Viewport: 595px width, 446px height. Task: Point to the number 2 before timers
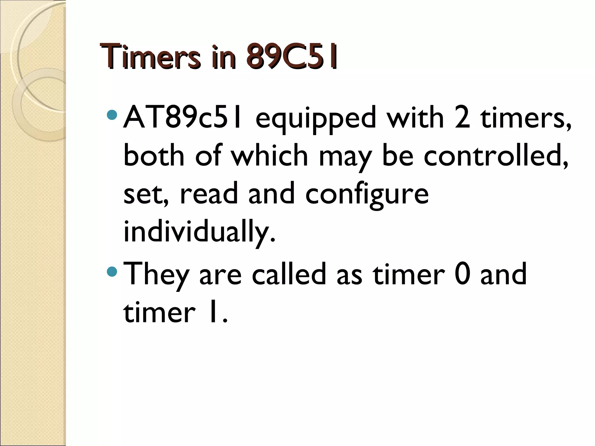[x=462, y=118]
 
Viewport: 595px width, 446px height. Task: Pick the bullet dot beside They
[x=112, y=272]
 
